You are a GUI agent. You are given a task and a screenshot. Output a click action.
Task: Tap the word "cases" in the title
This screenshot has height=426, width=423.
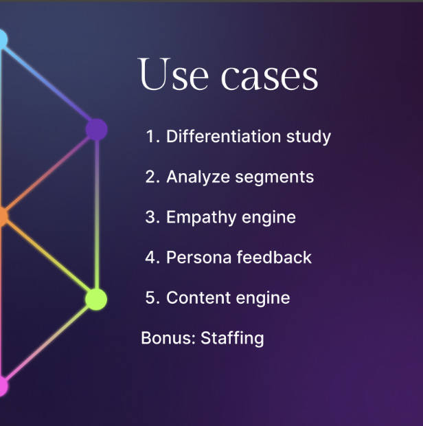tap(270, 76)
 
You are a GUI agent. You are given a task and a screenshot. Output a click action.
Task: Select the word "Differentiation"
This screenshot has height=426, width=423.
tap(223, 136)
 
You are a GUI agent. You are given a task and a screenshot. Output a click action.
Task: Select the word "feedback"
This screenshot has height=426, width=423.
tap(274, 258)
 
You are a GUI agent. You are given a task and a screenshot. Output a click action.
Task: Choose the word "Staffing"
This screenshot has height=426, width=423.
tap(232, 339)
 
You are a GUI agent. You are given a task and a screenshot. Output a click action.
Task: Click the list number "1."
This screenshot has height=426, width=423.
tap(152, 137)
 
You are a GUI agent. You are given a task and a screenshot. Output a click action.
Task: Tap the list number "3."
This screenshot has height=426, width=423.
tap(152, 218)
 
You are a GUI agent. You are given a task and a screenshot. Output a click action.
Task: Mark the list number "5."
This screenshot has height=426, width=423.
tap(152, 298)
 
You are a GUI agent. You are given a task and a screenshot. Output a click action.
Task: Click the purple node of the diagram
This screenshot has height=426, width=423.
tap(97, 129)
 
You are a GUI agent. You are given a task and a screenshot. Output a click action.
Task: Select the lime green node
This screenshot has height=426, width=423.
tap(96, 299)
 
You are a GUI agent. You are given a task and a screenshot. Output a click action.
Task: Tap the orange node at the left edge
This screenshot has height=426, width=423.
tap(3, 216)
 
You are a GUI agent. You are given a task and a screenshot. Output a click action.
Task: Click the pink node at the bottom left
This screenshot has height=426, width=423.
tap(3, 386)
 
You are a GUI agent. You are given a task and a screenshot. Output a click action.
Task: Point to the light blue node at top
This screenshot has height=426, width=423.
tap(3, 40)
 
